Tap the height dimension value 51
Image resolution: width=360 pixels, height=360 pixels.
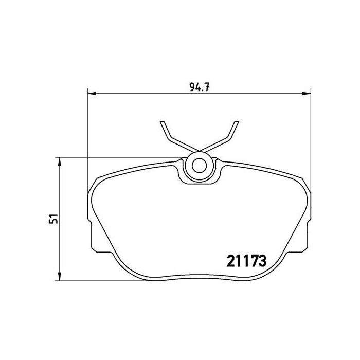52,219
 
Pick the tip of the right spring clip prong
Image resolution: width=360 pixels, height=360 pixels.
238,122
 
